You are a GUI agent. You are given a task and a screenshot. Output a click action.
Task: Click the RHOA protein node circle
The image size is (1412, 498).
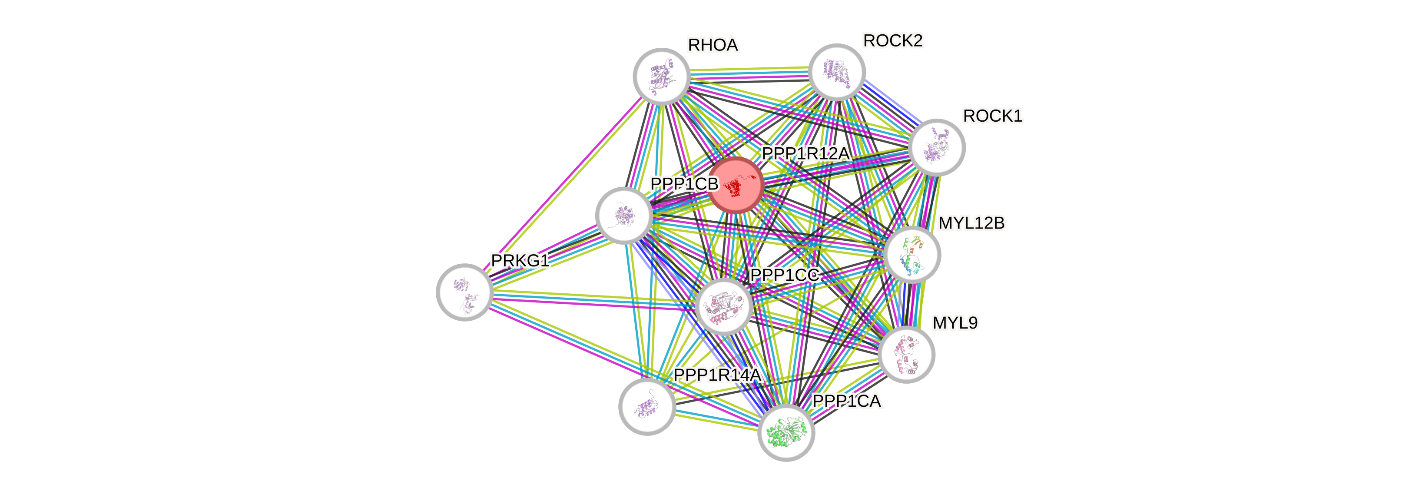pos(661,76)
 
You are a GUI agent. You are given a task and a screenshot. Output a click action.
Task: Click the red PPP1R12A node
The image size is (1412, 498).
pos(736,185)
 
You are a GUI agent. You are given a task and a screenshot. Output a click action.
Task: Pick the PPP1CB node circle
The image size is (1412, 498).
pos(624,215)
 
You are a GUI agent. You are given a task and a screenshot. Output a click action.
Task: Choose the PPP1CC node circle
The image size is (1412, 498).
pos(723,306)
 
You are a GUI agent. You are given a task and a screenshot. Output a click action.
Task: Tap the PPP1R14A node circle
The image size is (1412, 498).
pos(647,406)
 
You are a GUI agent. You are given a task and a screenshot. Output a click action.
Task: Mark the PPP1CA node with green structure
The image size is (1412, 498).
pos(786,433)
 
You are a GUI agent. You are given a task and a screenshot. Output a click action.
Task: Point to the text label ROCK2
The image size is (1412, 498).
pos(893,40)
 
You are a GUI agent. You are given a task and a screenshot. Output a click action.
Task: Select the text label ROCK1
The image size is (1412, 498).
pos(993,116)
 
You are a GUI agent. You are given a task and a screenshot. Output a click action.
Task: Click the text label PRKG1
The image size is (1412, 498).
pos(520,261)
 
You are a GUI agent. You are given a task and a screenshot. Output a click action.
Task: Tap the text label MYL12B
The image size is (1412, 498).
pos(971,223)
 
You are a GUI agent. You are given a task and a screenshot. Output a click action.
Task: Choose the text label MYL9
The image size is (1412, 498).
pos(955,323)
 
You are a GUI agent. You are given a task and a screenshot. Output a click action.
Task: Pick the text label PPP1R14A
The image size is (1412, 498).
pos(717,375)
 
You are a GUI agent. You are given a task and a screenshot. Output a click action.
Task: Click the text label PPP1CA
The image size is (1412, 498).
pos(847,402)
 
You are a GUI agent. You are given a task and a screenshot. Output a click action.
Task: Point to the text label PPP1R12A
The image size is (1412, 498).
pos(805,153)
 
